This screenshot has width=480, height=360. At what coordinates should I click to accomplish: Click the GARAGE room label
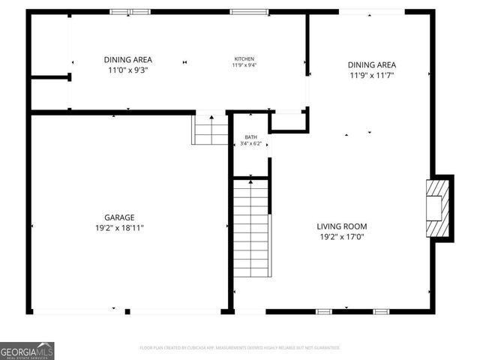119,217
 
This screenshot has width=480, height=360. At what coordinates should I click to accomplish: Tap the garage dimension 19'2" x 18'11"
119,227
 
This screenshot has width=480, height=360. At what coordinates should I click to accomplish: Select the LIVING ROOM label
341,226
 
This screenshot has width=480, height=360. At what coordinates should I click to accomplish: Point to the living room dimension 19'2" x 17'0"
341,237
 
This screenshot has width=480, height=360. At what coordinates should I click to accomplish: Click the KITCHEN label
244,58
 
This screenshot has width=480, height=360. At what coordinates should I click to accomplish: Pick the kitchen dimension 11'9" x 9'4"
244,65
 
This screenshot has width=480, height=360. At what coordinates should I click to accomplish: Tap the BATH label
250,137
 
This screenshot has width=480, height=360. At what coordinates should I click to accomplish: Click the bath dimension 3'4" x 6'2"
250,144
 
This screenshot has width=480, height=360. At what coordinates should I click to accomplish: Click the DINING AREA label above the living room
371,64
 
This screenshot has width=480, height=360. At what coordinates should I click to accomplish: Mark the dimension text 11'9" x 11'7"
371,75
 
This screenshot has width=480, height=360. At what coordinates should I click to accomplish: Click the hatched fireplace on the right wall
436,207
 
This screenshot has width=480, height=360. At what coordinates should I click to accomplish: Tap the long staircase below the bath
251,229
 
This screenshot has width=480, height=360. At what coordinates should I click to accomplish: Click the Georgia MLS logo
27,350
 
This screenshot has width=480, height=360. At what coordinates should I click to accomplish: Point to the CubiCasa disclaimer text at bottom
240,348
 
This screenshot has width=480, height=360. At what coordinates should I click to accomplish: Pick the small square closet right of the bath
288,121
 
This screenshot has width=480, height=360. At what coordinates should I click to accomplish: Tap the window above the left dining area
130,12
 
